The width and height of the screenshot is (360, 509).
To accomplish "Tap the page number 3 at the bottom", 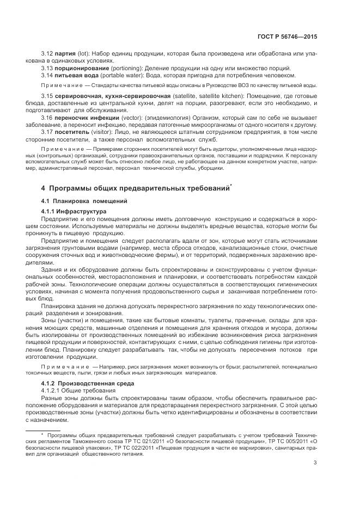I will pyautogui.click(x=315, y=463).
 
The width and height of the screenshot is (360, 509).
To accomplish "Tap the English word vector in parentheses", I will pyautogui.click(x=132, y=117).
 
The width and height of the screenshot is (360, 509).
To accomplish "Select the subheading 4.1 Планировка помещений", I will pyautogui.click(x=76, y=201).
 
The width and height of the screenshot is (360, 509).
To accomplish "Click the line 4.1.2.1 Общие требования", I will pyautogui.click(x=78, y=391).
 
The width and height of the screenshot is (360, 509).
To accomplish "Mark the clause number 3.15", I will pyautogui.click(x=47, y=96).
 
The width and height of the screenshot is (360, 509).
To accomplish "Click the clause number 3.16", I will pyautogui.click(x=47, y=117).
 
